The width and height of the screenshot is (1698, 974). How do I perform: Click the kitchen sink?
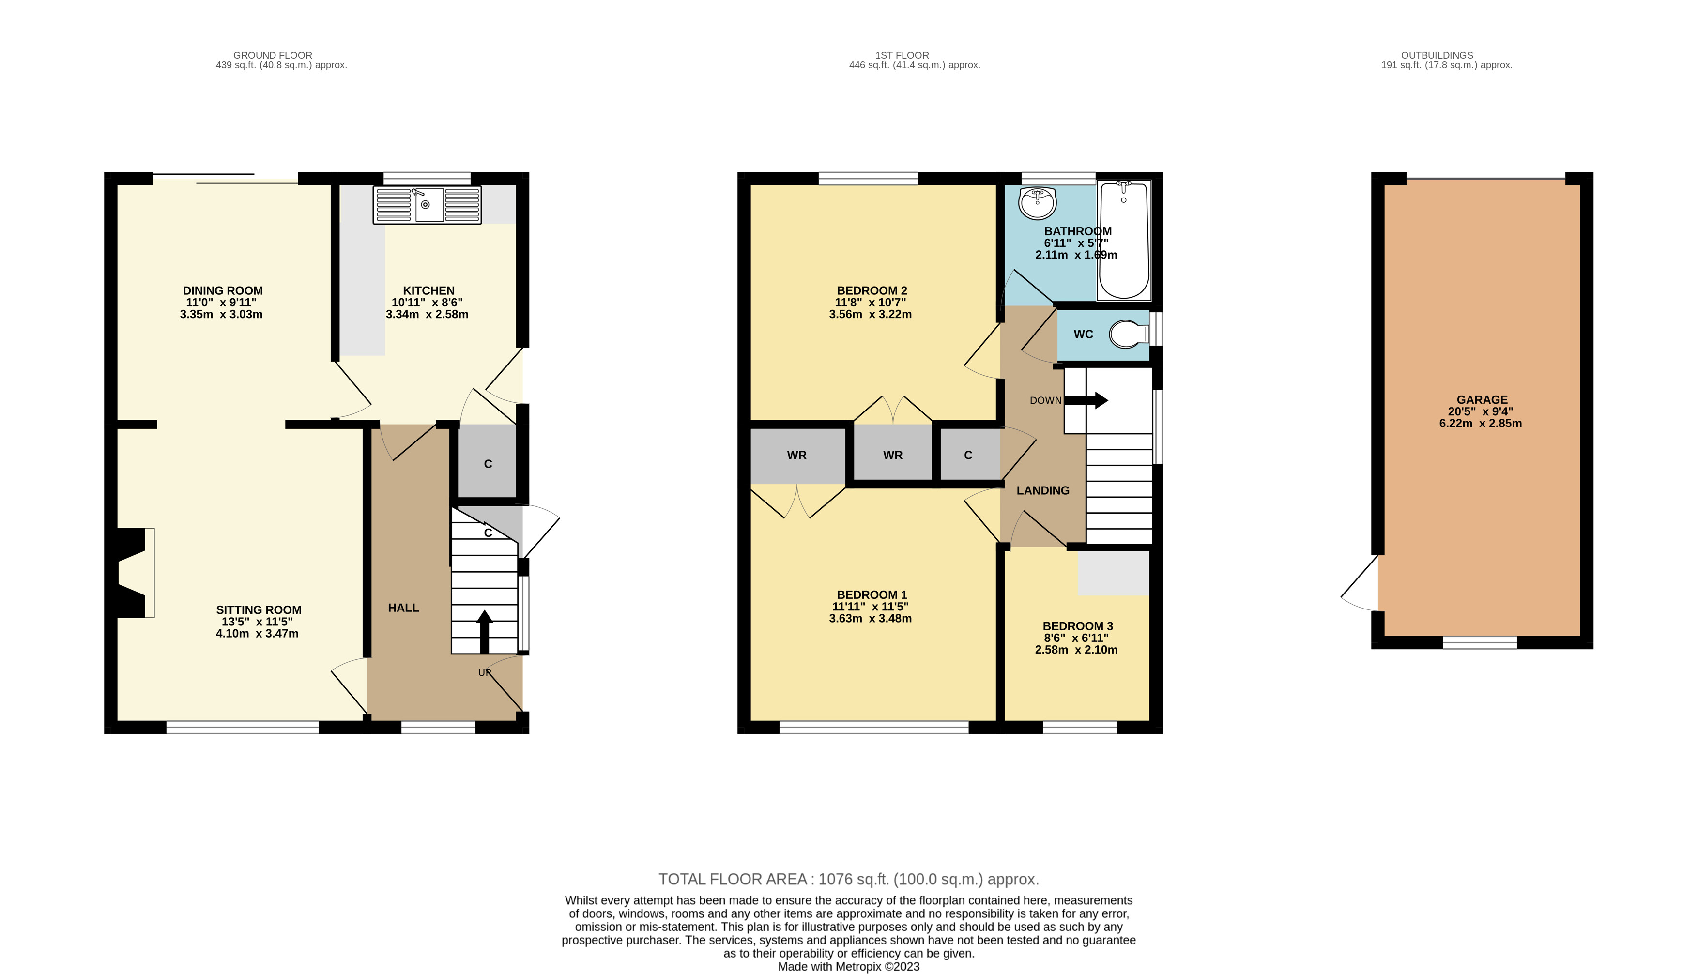pyautogui.click(x=427, y=205)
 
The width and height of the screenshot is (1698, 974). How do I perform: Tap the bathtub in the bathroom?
pyautogui.click(x=1124, y=240)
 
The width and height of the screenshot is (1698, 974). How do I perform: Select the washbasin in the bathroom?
pyautogui.click(x=1037, y=203)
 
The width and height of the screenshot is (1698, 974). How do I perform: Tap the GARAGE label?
pyautogui.click(x=1482, y=399)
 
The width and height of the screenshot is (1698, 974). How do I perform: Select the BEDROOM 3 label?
pyautogui.click(x=1078, y=626)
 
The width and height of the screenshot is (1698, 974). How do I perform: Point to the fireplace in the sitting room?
pyautogui.click(x=134, y=573)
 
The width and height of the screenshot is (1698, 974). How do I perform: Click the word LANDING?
pyautogui.click(x=1042, y=490)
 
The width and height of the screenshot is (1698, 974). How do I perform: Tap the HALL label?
pyautogui.click(x=403, y=608)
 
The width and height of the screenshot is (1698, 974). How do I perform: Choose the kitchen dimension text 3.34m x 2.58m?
pyautogui.click(x=427, y=314)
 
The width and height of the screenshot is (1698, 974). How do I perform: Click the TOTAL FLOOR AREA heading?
pyautogui.click(x=733, y=879)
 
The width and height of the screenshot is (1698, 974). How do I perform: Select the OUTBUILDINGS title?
pyautogui.click(x=1437, y=55)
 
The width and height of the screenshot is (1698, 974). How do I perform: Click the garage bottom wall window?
pyautogui.click(x=1479, y=643)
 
